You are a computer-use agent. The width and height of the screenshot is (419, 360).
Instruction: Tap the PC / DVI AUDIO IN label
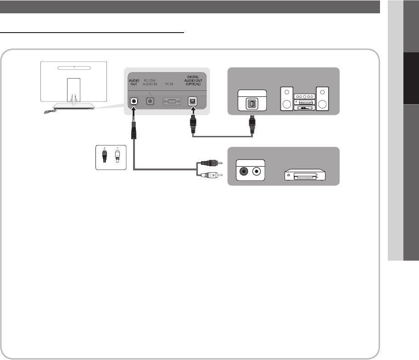pyautogui.click(x=150, y=83)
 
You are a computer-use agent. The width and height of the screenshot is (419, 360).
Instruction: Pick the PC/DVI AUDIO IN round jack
pyautogui.click(x=150, y=101)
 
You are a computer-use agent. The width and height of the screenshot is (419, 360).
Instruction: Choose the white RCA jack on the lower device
pyautogui.click(x=257, y=172)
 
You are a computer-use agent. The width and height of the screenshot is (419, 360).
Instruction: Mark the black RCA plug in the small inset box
pyautogui.click(x=105, y=155)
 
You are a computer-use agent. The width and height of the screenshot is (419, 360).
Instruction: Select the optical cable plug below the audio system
pyautogui.click(x=251, y=125)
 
